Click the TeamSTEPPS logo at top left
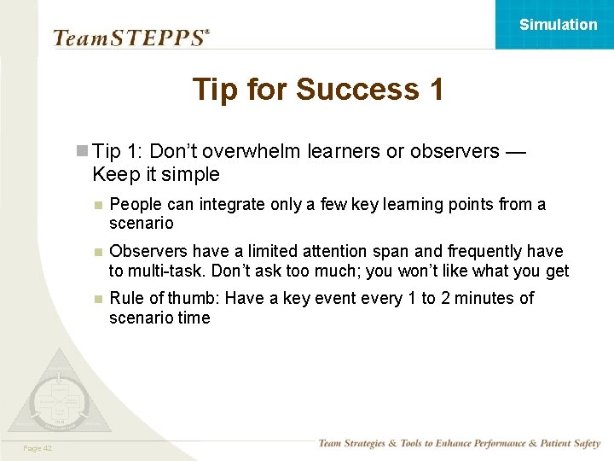tap(130, 38)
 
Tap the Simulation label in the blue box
tap(558, 25)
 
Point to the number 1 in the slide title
tap(433, 90)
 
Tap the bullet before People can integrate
tap(99, 205)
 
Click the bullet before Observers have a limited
tap(99, 252)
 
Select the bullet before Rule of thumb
tap(99, 299)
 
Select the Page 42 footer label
tap(38, 448)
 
